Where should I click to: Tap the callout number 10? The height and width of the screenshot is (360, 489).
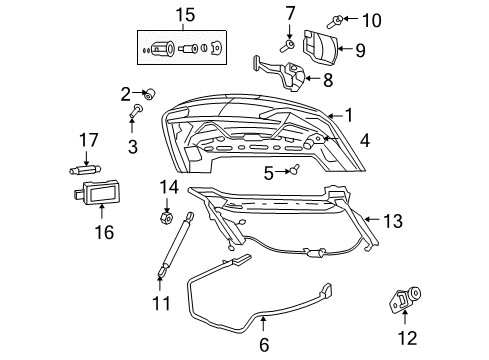[372, 19]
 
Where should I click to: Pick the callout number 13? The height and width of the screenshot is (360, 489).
[393, 221]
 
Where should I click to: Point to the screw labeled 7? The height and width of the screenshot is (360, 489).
[288, 43]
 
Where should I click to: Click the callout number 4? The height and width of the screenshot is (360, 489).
[364, 142]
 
